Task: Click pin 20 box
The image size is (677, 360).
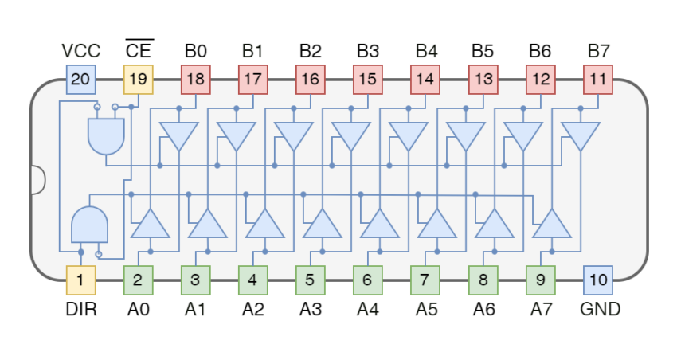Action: point(80,79)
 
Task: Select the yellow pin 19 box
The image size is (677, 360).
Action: point(138,79)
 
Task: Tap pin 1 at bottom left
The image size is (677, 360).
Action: point(80,280)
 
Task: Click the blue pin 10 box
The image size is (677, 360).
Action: point(598,280)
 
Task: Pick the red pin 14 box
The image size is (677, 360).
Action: point(425,79)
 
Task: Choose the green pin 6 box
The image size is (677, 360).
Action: point(367,280)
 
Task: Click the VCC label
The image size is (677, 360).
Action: point(80,51)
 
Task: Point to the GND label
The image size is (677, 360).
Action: point(601,309)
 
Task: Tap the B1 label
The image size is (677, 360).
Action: point(252,51)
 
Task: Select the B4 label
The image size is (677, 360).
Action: point(426,51)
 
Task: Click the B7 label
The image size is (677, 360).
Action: point(598,51)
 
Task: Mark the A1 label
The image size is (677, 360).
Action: point(195,309)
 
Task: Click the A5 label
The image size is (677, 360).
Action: point(426,309)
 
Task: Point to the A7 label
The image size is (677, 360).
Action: point(541,309)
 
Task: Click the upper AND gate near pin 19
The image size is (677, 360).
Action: point(107,136)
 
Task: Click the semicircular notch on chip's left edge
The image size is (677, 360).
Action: point(37,179)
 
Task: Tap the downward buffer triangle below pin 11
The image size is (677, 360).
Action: point(580,135)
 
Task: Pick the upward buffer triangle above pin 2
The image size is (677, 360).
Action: point(150,225)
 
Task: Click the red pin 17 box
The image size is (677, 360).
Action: point(252,79)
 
